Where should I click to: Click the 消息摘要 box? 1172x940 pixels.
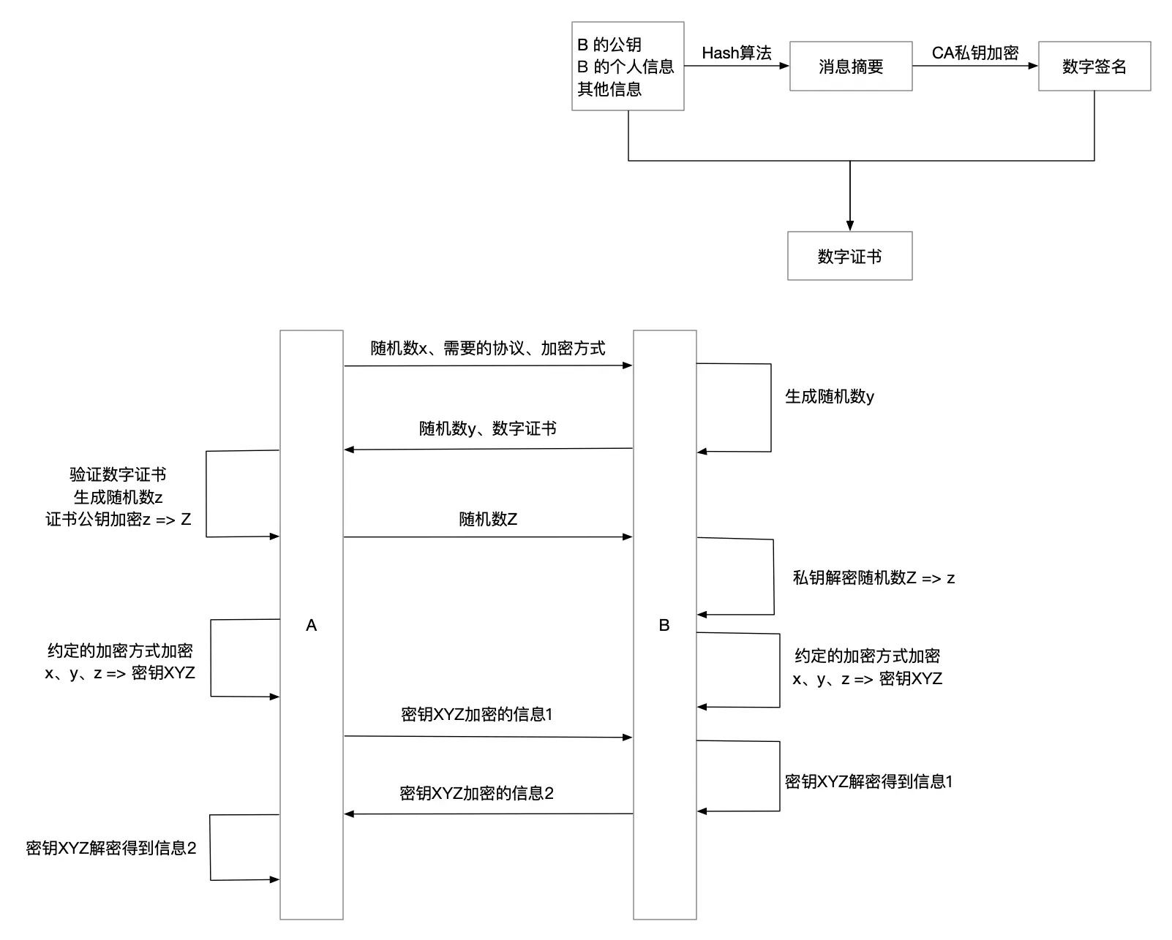click(850, 67)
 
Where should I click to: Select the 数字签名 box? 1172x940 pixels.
click(1094, 67)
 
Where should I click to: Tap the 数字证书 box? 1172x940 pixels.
click(849, 256)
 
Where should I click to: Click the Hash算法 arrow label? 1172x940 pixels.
click(736, 53)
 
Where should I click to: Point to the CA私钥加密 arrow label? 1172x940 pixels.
click(974, 53)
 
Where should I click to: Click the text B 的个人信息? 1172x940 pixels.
click(626, 67)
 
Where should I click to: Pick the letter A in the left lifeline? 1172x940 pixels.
click(311, 625)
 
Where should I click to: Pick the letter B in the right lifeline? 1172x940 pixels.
click(664, 625)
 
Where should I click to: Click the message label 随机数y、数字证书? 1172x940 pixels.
click(487, 428)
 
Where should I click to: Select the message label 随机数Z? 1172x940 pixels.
click(488, 519)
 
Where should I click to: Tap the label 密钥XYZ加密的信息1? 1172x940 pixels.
click(476, 714)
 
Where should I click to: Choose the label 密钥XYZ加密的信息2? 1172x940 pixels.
click(476, 793)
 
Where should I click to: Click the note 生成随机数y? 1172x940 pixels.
click(829, 396)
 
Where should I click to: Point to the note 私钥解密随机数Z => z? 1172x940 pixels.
click(874, 577)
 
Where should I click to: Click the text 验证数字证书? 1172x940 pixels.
click(118, 474)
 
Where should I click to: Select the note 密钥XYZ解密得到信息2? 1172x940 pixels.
click(111, 848)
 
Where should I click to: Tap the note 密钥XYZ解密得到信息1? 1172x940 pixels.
click(868, 781)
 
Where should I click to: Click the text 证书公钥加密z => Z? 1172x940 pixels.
click(118, 519)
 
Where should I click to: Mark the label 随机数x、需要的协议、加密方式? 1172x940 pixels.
click(487, 348)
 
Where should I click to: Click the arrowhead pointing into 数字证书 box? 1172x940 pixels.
click(849, 227)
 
